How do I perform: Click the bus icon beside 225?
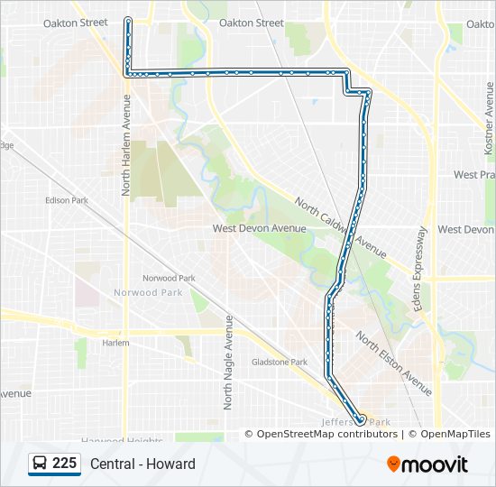point(40,464)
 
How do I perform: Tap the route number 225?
point(65,464)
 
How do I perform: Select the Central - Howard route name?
point(142,464)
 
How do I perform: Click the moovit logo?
point(427,464)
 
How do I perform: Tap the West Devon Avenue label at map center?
point(259,229)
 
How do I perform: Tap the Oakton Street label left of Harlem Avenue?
point(75,23)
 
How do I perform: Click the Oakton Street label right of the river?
point(251,23)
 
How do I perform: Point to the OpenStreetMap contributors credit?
point(326,434)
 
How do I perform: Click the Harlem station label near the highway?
point(115,343)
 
